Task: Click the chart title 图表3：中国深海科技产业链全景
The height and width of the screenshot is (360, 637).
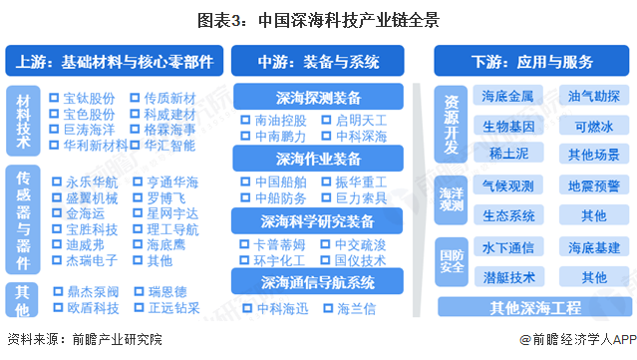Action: tap(318, 19)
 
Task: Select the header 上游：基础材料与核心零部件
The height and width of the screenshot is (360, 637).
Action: tap(114, 61)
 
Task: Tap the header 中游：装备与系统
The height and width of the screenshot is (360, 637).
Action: tap(319, 61)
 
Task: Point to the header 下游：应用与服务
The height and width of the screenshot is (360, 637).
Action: tap(524, 61)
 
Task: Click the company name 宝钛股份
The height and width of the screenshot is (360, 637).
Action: tap(90, 98)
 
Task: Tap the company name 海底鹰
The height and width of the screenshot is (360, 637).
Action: tap(165, 244)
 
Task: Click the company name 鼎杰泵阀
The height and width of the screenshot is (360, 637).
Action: tap(90, 292)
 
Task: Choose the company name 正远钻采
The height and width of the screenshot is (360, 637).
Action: tap(171, 308)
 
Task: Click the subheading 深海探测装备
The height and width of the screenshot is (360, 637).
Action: tap(319, 97)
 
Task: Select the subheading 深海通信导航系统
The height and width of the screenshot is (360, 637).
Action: tap(319, 282)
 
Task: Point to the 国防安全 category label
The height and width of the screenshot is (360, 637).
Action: tap(450, 261)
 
